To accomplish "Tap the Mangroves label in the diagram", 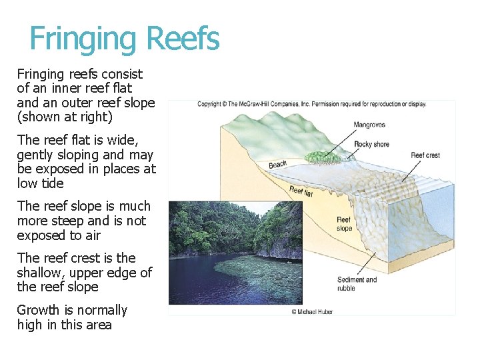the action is (369, 125).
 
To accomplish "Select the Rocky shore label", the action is (371, 144).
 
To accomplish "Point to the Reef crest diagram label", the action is (425, 155).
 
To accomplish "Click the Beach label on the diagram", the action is (277, 164).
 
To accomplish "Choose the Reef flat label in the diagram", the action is (301, 192).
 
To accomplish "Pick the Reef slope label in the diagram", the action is (344, 224).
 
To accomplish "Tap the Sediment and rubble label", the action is (356, 284).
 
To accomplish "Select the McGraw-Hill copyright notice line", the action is (311, 104).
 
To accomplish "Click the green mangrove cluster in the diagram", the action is (321, 157).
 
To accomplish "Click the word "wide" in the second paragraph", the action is (122, 140).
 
